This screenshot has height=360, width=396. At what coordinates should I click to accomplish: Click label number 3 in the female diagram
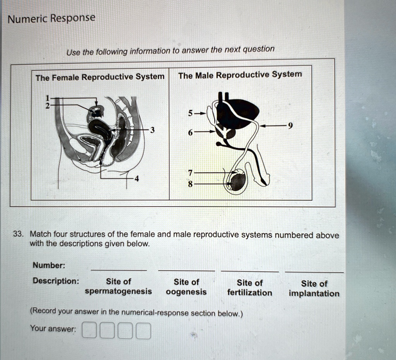tap(153, 130)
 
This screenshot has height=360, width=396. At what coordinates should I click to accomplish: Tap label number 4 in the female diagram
tap(136, 179)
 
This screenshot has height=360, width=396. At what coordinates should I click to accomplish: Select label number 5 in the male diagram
tap(190, 114)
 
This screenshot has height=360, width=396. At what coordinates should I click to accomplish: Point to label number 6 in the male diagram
tap(190, 132)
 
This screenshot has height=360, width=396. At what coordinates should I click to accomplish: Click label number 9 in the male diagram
tap(291, 125)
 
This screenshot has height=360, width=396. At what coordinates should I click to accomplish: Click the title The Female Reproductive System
tap(100, 77)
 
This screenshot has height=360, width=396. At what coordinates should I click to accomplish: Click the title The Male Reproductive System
tap(240, 75)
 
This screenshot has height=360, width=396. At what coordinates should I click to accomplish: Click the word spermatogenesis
tap(118, 291)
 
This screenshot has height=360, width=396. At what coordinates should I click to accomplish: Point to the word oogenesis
tap(186, 292)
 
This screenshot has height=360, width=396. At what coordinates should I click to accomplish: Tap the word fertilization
tap(249, 293)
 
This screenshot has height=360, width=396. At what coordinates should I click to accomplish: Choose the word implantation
tap(314, 293)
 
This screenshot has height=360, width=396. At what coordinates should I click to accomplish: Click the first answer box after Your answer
tap(89, 331)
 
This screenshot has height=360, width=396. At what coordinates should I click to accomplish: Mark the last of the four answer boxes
tap(143, 332)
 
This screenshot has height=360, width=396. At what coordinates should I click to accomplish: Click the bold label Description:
tap(56, 280)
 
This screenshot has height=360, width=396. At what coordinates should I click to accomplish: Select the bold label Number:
tap(49, 265)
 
